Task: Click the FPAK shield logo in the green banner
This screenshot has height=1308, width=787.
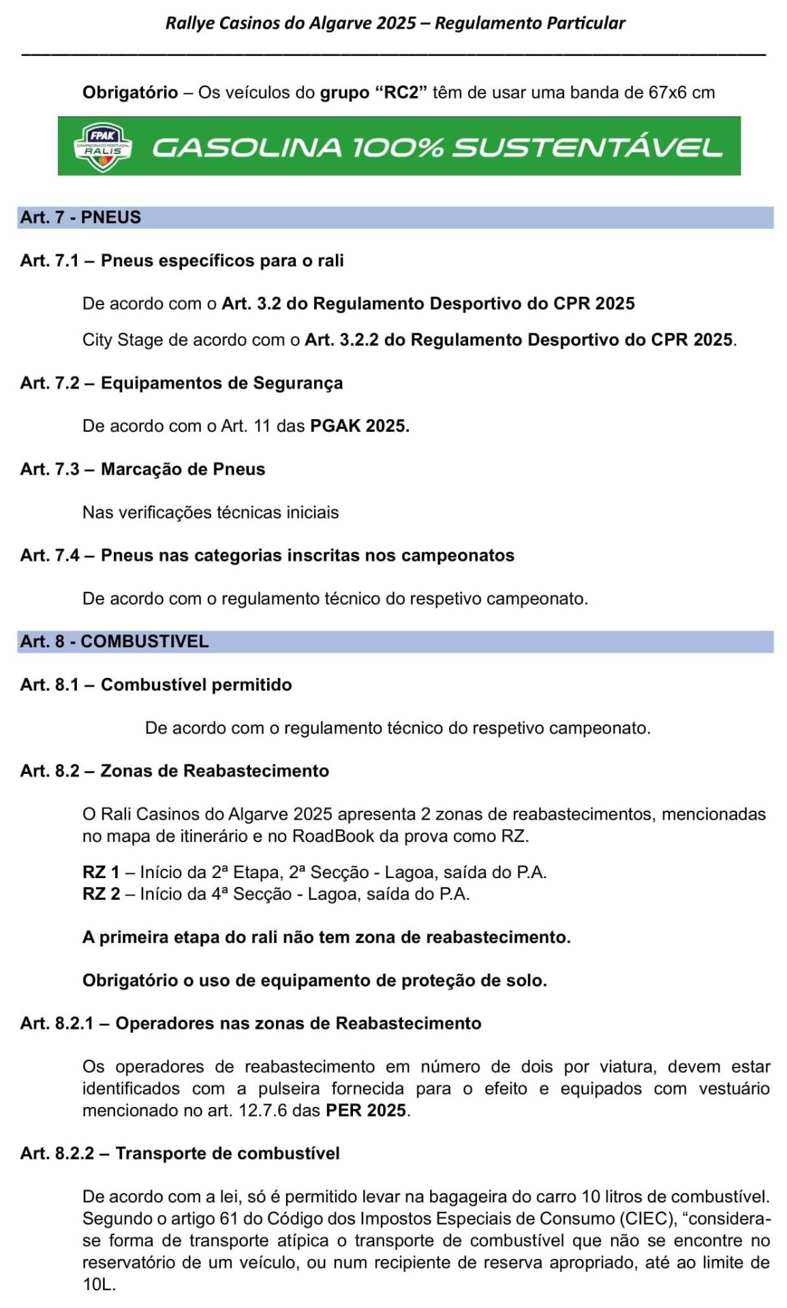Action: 102,147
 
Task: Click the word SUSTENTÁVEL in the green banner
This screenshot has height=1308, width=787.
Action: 587,148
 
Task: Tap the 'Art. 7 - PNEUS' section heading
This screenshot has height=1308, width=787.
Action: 80,217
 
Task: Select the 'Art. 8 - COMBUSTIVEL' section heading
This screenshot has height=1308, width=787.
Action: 114,642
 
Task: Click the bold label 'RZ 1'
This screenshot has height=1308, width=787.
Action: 101,873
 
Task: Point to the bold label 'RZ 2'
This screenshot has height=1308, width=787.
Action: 101,894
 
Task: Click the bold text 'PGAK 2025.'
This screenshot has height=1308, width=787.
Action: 360,426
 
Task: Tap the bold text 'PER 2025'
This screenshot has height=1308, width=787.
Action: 366,1110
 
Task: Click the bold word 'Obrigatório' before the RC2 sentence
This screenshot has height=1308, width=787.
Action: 130,93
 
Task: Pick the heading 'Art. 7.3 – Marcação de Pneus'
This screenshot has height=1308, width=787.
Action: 142,469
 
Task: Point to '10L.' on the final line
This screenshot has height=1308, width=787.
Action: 99,1285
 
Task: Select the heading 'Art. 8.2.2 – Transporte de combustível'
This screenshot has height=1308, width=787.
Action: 180,1153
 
